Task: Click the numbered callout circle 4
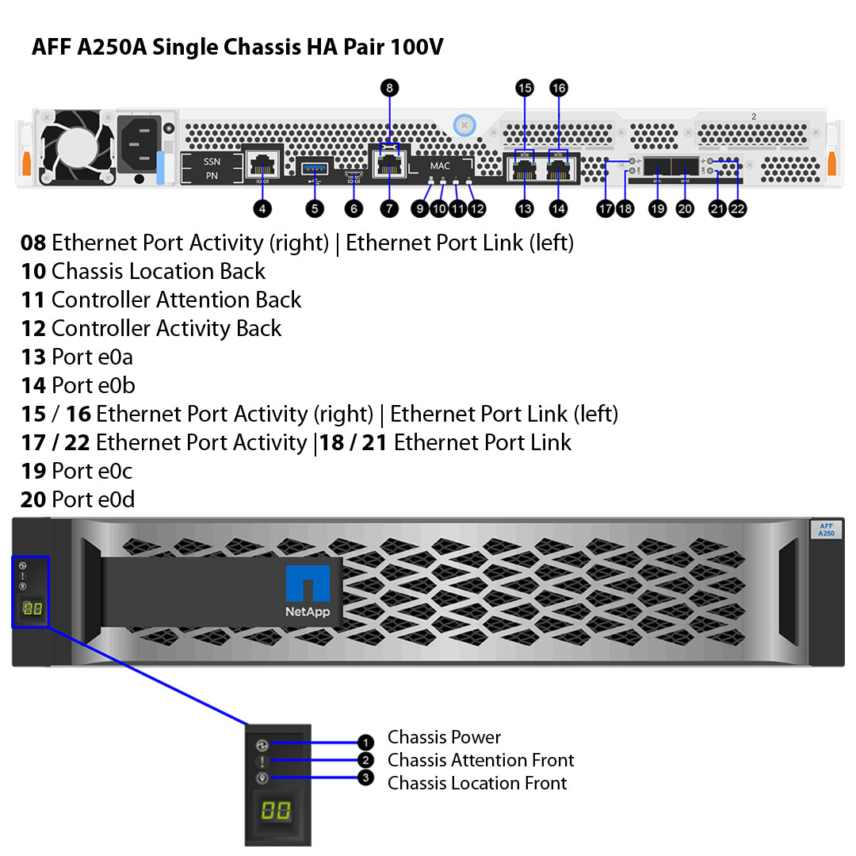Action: [262, 208]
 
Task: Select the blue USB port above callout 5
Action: [315, 168]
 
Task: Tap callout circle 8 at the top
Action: [388, 87]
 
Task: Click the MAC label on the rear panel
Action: [440, 166]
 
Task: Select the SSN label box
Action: [212, 161]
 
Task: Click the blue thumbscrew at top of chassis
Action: [464, 124]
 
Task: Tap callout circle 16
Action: [559, 87]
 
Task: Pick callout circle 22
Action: [737, 208]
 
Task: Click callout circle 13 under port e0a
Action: [525, 208]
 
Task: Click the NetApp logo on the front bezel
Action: [308, 593]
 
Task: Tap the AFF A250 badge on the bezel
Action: [826, 530]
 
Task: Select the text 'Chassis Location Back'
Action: [159, 271]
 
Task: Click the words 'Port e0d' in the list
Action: [93, 499]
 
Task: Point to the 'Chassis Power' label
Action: [444, 737]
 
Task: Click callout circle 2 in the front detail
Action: [365, 761]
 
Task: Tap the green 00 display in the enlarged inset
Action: [277, 810]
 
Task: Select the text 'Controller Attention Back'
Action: [176, 300]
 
